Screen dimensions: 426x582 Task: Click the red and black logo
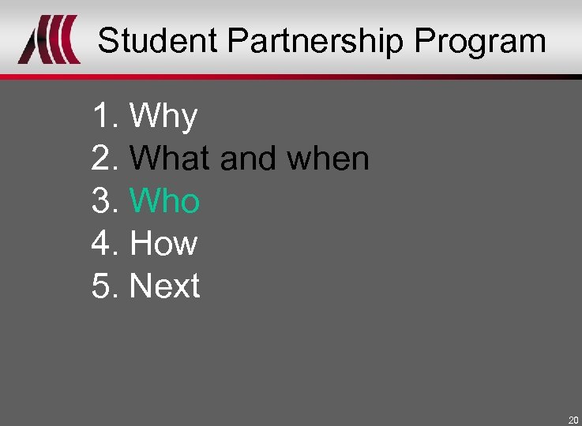tap(50, 41)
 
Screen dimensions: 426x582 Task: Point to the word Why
tap(163, 117)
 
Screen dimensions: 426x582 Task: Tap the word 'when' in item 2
tap(328, 159)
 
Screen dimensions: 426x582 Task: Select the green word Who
tap(165, 201)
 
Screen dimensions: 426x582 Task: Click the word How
tap(163, 243)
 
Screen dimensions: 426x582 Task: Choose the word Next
tap(165, 286)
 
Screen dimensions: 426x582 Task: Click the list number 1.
tap(101, 117)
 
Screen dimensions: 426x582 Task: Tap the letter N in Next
tap(139, 286)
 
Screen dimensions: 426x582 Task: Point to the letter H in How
tap(141, 243)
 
